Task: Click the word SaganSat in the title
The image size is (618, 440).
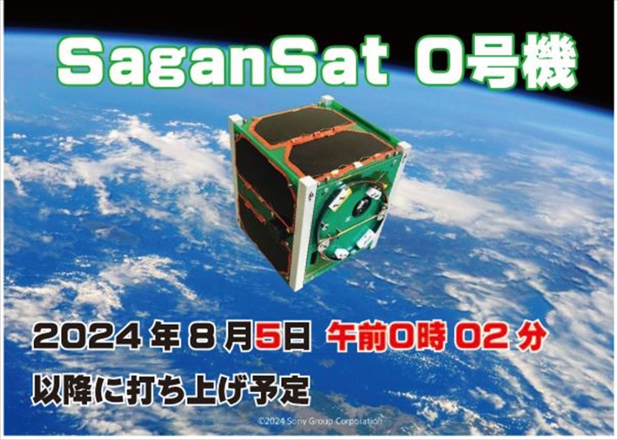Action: click(222, 63)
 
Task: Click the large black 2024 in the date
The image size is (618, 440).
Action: click(87, 337)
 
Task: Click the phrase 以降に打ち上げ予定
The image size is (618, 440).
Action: click(170, 391)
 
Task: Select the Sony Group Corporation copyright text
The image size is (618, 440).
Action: click(320, 421)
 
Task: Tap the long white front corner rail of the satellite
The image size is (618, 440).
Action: click(304, 233)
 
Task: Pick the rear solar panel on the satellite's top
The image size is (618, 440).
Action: click(301, 124)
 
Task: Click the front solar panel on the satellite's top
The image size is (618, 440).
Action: click(340, 152)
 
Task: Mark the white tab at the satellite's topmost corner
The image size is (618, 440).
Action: click(327, 100)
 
